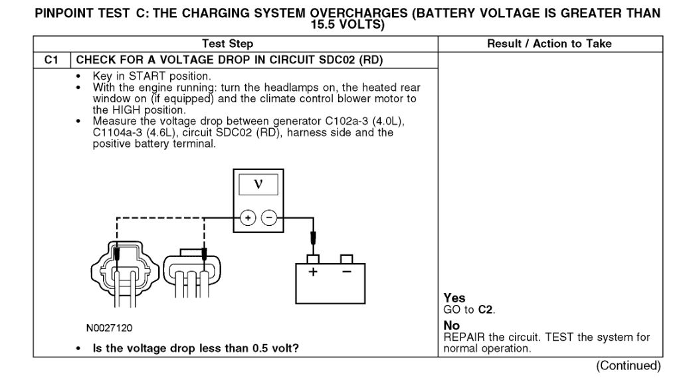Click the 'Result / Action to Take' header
549,44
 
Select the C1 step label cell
52,60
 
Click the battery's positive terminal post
313,259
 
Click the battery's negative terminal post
346,259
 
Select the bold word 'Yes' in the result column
454,298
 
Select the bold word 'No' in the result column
451,326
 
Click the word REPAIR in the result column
465,337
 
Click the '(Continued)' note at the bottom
629,366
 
